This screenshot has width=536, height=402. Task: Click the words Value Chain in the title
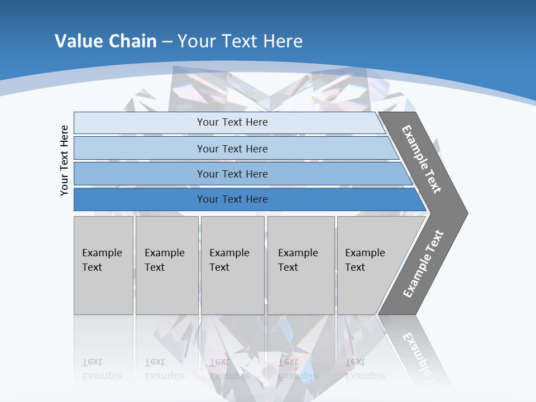[x=106, y=41]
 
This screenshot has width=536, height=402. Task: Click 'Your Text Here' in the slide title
[x=240, y=41]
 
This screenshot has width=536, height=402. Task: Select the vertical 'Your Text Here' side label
[x=64, y=160]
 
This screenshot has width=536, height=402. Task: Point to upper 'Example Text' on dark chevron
[x=422, y=159]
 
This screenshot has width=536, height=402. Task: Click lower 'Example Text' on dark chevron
[x=423, y=264]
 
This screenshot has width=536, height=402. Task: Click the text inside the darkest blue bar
[x=232, y=199]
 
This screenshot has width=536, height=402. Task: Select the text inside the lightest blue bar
[x=232, y=122]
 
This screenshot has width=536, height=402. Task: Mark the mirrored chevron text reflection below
[x=419, y=355]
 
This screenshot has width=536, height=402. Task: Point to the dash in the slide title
[x=167, y=42]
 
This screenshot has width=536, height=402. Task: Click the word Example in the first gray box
[x=102, y=253]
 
